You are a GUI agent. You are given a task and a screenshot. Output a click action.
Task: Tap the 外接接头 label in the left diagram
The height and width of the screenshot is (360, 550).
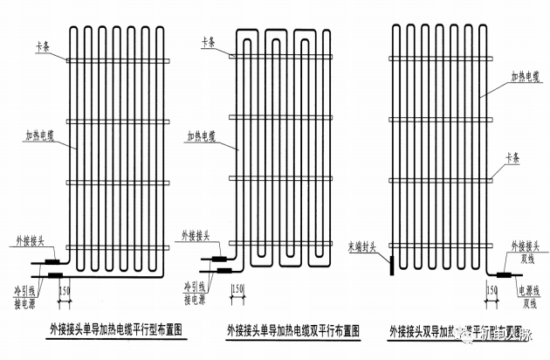30,239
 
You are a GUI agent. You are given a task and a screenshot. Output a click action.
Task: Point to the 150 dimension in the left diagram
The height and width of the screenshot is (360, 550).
65,288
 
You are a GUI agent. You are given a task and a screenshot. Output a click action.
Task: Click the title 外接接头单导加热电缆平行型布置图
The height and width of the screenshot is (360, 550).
113,329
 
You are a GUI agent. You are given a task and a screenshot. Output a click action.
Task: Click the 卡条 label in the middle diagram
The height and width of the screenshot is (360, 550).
207,40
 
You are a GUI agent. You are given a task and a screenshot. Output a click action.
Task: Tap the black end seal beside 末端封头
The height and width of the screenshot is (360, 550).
392,260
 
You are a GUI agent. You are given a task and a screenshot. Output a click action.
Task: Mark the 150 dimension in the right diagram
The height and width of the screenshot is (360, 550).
492,288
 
